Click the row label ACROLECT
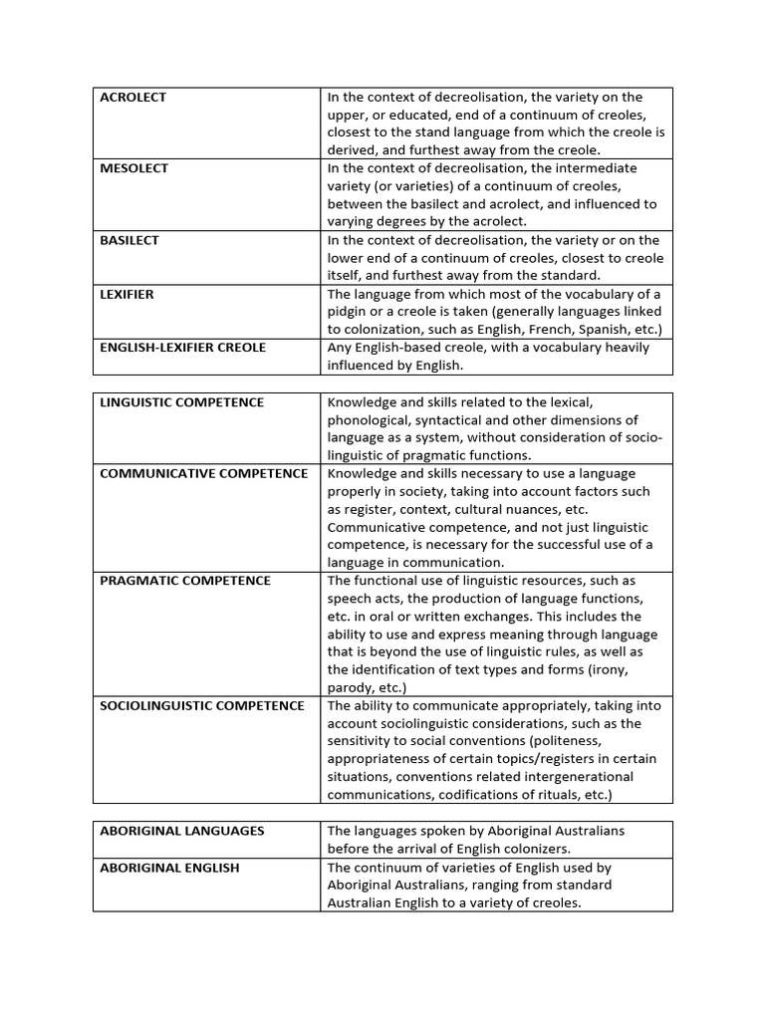pos(133,98)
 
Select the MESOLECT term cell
pos(134,168)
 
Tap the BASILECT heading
pos(129,240)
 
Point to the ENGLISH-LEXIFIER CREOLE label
pos(182,348)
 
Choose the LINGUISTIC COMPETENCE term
pos(182,402)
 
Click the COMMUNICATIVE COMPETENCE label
pos(204,473)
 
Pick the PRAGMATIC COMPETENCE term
pos(185,581)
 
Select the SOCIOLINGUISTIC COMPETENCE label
pos(202,705)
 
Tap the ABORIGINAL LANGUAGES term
pos(182,831)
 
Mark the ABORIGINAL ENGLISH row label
pos(170,868)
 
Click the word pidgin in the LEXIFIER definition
pos(349,312)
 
